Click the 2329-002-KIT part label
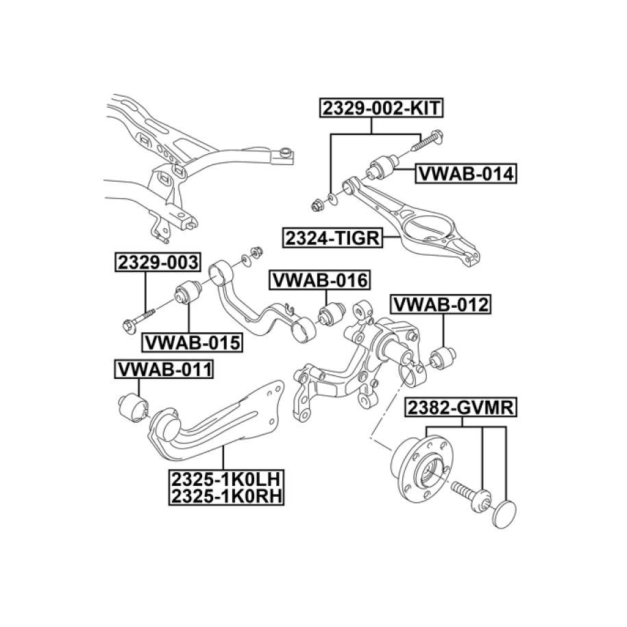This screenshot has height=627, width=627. point(382,108)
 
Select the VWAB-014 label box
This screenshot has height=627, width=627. point(466,174)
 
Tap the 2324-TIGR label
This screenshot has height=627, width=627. point(332,238)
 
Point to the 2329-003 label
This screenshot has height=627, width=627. point(158,262)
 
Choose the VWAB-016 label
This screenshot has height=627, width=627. point(320,280)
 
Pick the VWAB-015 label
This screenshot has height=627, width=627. point(193,343)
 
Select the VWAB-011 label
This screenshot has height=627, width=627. point(164,369)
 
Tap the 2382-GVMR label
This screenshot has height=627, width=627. point(460,408)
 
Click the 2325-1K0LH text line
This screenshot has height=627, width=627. point(226,478)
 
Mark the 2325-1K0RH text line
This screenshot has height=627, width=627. point(226,496)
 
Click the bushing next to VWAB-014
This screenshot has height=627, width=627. point(383,167)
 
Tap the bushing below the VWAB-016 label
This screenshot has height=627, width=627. point(332,314)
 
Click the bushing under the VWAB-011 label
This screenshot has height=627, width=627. point(133,407)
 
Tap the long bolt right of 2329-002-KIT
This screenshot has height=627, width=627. point(427,140)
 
